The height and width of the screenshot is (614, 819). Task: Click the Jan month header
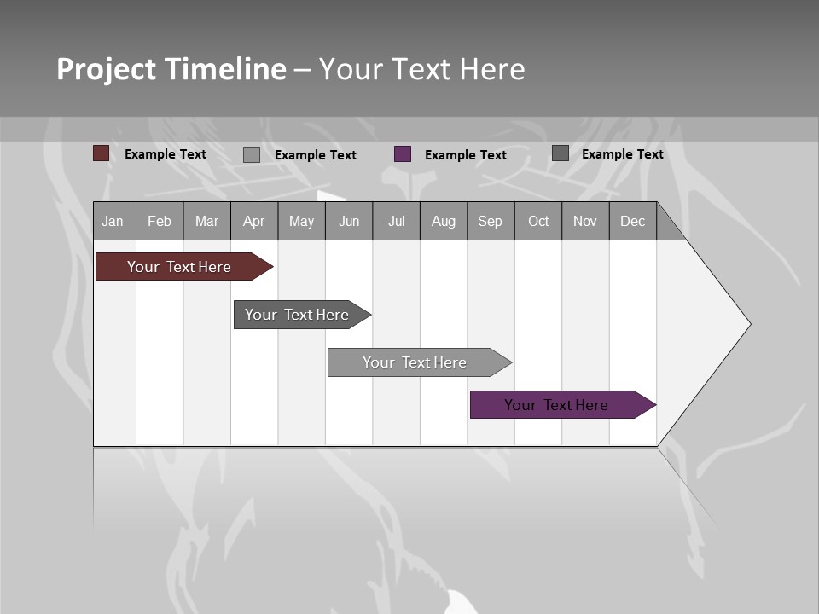click(x=113, y=221)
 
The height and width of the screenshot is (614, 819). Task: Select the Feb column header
click(x=160, y=221)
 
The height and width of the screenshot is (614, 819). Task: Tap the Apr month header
click(x=253, y=221)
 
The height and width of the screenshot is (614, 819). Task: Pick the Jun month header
click(x=349, y=221)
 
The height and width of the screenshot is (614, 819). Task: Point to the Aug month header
click(x=443, y=221)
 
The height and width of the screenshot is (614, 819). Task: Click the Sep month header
click(x=490, y=221)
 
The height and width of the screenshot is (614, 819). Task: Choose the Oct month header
click(x=538, y=221)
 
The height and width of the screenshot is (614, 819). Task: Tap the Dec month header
click(x=632, y=221)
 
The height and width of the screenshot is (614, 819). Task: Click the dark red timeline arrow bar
click(x=179, y=267)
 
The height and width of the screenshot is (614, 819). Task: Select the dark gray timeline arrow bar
click(x=297, y=315)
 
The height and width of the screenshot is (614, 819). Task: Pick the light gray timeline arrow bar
click(x=415, y=362)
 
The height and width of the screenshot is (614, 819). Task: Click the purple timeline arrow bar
click(x=556, y=405)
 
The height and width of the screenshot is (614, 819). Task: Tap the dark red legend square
click(x=102, y=153)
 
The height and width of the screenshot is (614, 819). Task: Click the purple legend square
click(x=403, y=154)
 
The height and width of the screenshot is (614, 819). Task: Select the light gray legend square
click(x=252, y=154)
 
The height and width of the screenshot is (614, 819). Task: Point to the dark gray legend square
click(x=561, y=153)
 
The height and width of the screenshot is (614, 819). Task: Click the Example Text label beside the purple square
click(x=465, y=155)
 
